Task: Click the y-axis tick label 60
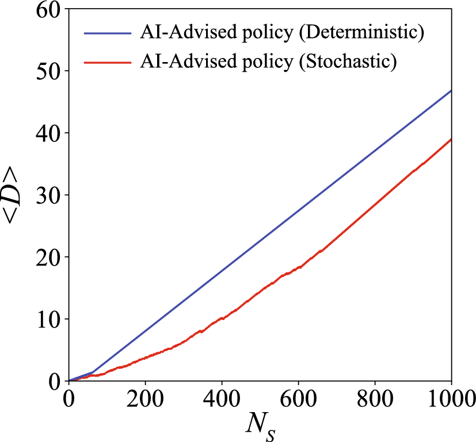click(48, 10)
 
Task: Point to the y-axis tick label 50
click(48, 71)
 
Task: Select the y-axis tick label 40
click(48, 133)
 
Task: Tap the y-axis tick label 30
click(48, 195)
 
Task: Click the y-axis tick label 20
click(48, 257)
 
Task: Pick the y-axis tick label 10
click(48, 319)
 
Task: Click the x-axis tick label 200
click(145, 397)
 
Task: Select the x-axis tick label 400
click(222, 397)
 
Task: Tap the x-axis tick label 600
click(298, 397)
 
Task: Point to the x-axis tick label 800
click(375, 397)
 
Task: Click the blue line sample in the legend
click(108, 33)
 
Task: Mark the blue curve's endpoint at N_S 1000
click(451, 91)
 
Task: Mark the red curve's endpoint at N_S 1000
click(451, 139)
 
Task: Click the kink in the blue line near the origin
click(93, 372)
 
